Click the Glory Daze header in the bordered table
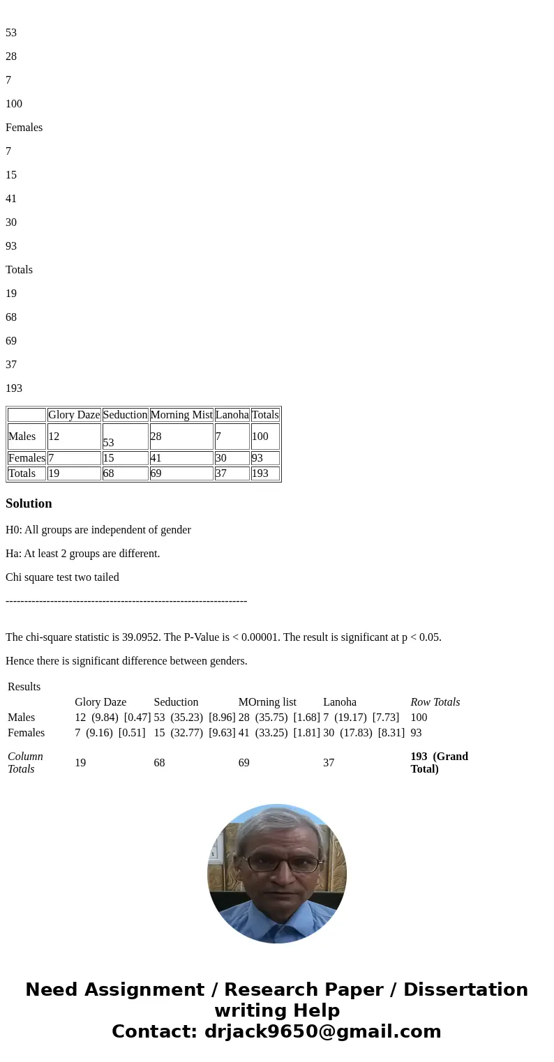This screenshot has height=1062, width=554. [x=74, y=415]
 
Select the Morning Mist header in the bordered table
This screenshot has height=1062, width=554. [x=181, y=415]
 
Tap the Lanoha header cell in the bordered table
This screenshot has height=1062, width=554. [x=232, y=415]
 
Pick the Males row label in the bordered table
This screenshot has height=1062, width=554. [x=22, y=437]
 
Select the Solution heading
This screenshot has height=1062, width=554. [x=29, y=503]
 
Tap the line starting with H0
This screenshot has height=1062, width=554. [x=98, y=530]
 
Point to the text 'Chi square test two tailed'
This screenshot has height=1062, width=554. [x=62, y=577]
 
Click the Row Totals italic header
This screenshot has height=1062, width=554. [x=435, y=702]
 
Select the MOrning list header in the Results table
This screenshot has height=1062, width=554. [x=267, y=702]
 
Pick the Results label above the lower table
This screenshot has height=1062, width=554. [x=24, y=687]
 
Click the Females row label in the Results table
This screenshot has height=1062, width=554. [x=26, y=733]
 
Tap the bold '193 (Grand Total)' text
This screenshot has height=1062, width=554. [x=439, y=763]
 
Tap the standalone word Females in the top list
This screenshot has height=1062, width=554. [x=24, y=128]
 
